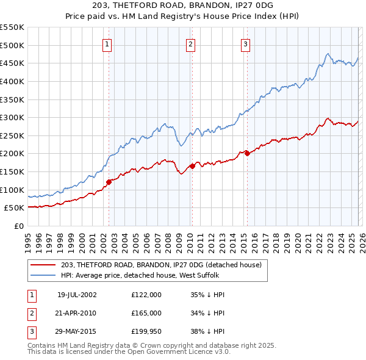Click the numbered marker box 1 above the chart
107,43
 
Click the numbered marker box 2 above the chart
191,43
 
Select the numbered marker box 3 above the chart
245,43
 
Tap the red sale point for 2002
109,181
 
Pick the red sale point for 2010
192,166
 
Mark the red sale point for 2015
247,154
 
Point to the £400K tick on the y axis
12,81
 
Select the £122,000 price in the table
146,294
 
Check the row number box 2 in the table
30,312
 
